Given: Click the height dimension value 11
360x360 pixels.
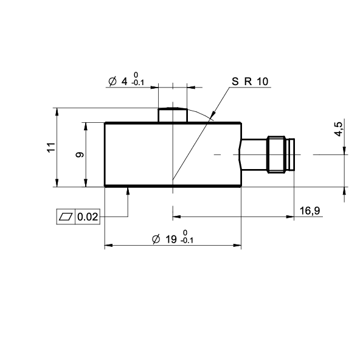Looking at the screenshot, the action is click(52, 147).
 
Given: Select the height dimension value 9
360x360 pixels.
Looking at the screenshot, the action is click(80, 154).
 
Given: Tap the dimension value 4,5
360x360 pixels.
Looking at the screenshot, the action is click(339, 129).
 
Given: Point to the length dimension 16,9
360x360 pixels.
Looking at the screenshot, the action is click(310, 210).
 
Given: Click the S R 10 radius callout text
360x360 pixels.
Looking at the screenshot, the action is click(250, 81).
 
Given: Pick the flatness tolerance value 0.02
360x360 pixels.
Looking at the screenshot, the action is click(88, 216).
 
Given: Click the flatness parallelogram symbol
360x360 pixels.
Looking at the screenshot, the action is click(66, 216).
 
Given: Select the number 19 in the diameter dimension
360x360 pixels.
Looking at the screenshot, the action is click(171, 239).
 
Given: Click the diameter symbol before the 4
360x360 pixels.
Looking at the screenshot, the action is click(112, 81).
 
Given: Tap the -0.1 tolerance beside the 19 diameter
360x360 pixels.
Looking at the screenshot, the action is click(187, 241).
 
